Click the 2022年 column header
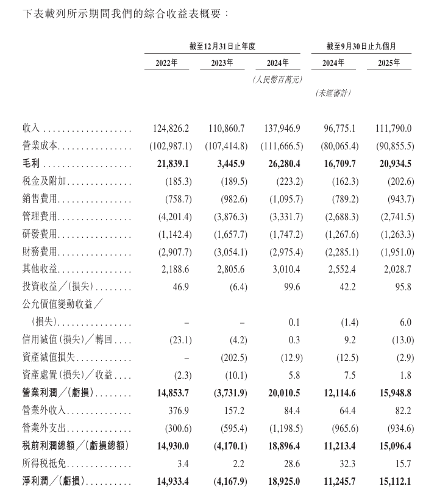[x=166, y=63]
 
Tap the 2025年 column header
[x=388, y=63]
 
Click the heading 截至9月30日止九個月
[x=360, y=46]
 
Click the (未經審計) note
[x=333, y=93]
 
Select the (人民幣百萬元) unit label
[x=277, y=79]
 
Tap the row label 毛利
[x=31, y=165]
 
